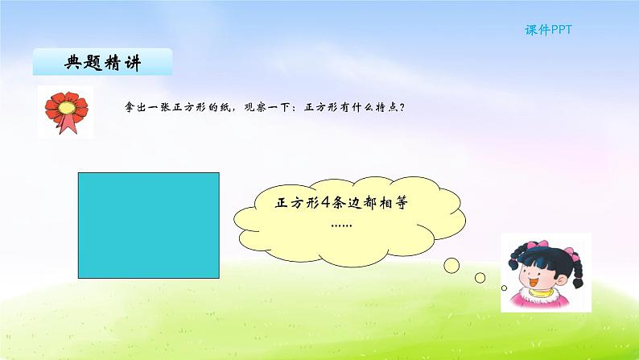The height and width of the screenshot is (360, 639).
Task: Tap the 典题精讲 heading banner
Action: point(102,63)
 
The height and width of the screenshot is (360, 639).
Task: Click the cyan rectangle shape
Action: point(149,225)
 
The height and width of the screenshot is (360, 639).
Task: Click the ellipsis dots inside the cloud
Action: point(341,224)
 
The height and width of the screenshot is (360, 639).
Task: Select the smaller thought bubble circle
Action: point(480,277)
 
